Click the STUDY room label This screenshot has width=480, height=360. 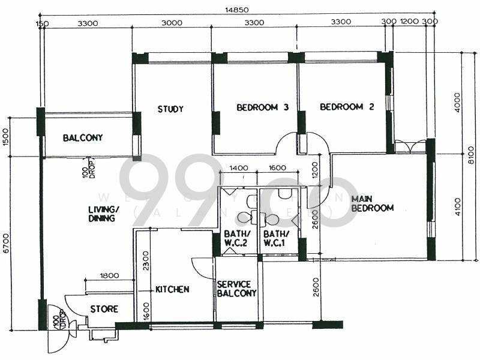(170, 109)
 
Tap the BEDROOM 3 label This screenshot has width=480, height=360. (262, 108)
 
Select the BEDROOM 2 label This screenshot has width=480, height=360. (347, 107)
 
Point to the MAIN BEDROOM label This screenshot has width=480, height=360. (372, 203)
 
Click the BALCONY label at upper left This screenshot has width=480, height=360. (83, 138)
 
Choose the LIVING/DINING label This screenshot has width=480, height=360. (104, 214)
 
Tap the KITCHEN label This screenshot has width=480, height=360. (172, 289)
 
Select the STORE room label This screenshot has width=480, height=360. (104, 310)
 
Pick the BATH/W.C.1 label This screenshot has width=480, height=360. (276, 238)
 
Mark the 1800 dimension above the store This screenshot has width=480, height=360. (109, 276)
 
